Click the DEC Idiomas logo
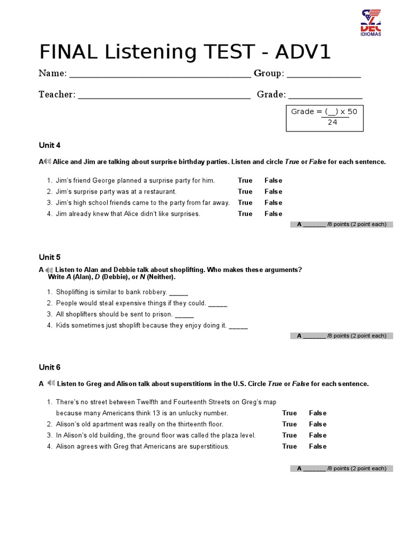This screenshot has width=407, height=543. [371, 23]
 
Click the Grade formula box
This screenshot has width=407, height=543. [324, 117]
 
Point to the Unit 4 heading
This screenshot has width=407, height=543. [50, 145]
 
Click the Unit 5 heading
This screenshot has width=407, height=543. [50, 257]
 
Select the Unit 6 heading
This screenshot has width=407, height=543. [50, 367]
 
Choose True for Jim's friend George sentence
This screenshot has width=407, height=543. [245, 180]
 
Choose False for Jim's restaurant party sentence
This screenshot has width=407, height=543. [273, 191]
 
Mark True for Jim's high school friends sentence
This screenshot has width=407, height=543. [245, 203]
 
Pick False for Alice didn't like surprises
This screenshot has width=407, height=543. [273, 214]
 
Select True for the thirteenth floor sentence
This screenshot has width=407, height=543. [289, 424]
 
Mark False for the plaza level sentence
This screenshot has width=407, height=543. [317, 435]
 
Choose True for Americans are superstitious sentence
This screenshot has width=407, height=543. [289, 446]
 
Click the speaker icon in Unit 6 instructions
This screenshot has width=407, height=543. [51, 383]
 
